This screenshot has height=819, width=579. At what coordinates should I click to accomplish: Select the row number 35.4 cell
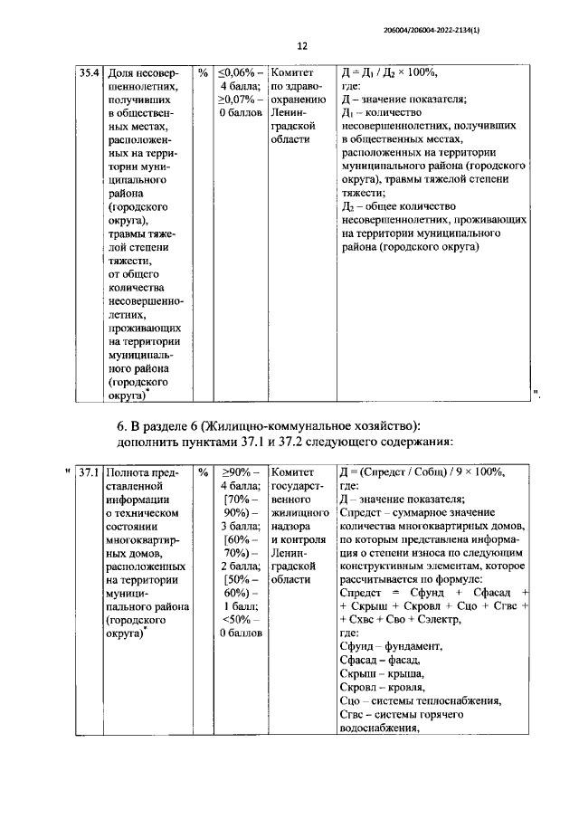[87, 71]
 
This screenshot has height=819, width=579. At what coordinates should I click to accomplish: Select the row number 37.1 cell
[87, 471]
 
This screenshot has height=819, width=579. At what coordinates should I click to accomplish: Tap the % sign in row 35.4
[203, 71]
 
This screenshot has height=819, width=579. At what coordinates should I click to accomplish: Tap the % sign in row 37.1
[203, 471]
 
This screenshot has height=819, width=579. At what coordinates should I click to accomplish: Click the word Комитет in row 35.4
[292, 71]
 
